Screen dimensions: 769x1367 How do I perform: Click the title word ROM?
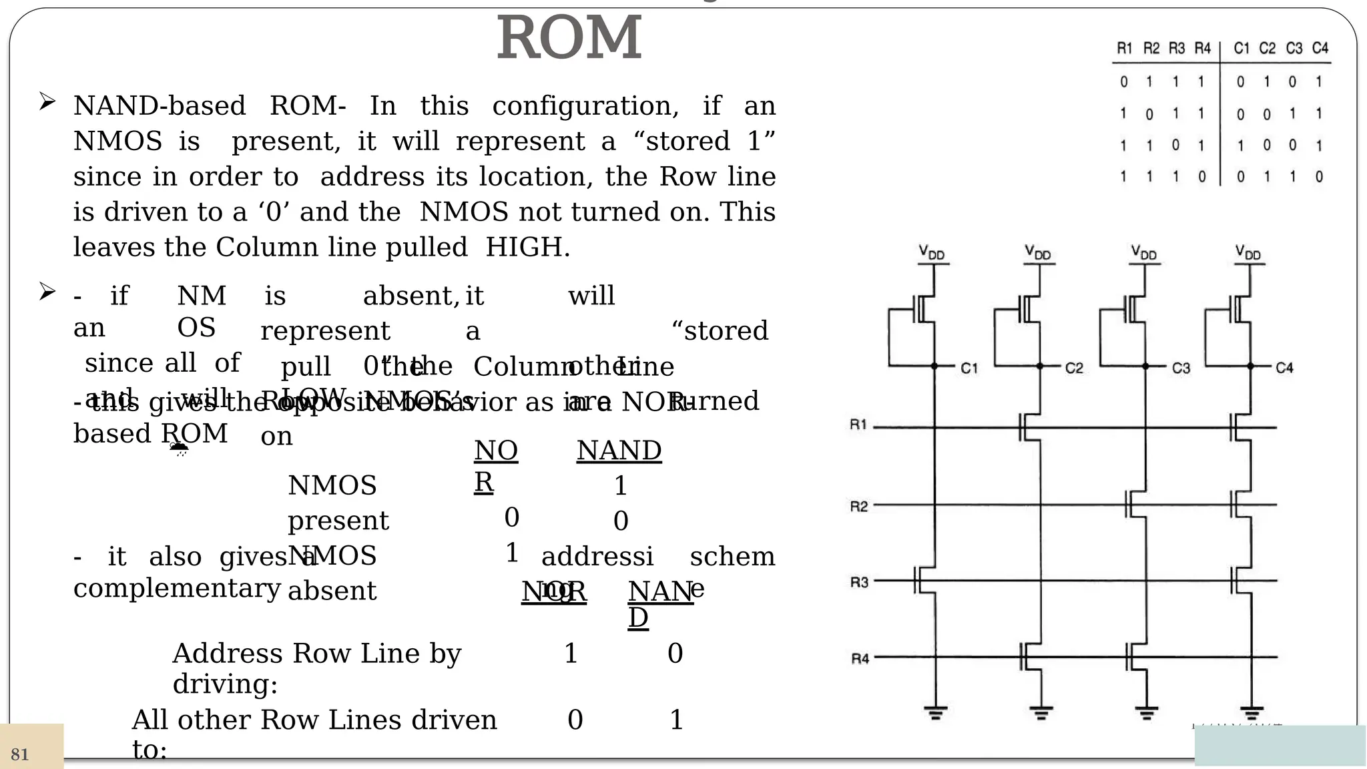[569, 39]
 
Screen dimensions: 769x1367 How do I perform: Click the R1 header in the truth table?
[1125, 48]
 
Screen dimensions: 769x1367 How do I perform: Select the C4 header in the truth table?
[1320, 48]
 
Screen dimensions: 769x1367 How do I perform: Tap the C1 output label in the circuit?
[969, 368]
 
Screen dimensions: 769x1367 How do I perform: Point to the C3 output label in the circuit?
[1181, 368]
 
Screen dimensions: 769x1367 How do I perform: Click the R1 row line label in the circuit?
[858, 425]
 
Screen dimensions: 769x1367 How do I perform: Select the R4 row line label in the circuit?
[860, 659]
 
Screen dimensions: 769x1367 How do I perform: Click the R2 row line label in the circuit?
[859, 507]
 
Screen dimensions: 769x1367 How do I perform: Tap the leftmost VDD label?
[932, 252]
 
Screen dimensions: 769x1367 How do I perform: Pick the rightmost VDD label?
[1248, 252]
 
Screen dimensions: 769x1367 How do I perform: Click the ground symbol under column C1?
[935, 714]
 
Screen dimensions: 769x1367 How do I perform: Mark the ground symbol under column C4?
[1252, 714]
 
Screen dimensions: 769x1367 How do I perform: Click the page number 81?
[20, 755]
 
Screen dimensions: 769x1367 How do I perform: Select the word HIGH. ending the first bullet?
[527, 248]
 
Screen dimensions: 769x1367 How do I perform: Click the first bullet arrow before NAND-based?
[47, 102]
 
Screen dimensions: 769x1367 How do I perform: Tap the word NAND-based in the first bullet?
[159, 106]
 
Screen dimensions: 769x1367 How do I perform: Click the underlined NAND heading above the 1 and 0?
[619, 451]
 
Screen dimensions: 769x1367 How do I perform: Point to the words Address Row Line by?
[316, 654]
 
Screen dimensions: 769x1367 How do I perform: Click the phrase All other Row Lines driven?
[314, 720]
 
